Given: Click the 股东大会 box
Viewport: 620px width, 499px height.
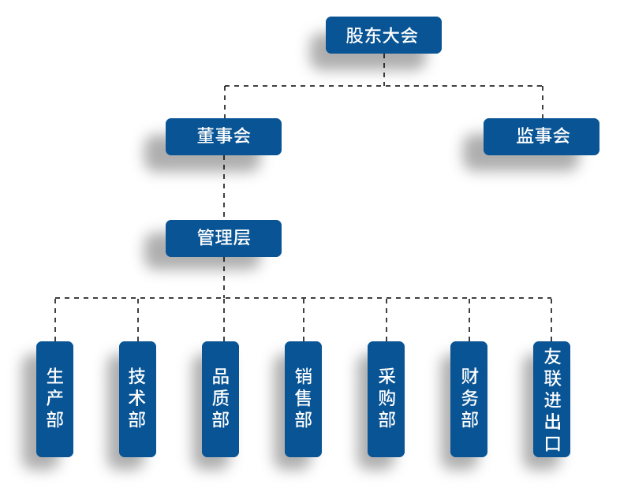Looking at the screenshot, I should click(383, 35).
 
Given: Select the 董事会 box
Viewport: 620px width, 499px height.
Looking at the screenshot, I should click(223, 136).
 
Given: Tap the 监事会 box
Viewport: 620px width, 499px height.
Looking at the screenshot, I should click(541, 136).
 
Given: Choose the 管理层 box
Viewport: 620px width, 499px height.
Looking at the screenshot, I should click(223, 238).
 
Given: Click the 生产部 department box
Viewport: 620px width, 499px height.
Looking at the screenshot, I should click(54, 399).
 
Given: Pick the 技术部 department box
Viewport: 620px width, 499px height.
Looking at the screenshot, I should click(137, 399).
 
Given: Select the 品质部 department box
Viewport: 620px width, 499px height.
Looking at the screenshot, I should click(220, 399).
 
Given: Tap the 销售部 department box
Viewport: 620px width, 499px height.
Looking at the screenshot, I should click(303, 399).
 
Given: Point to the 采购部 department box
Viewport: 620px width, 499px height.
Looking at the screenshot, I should click(386, 399).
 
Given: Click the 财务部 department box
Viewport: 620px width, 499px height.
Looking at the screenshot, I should click(469, 399).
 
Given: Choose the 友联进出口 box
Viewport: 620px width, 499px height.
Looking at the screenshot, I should click(551, 399).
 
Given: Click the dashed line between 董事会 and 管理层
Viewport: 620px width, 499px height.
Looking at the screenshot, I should click(224, 188).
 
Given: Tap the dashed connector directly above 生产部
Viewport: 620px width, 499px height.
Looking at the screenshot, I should click(55, 320).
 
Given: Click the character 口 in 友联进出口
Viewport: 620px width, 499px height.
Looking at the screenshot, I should click(552, 443).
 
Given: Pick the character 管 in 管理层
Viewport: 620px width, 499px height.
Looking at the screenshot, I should click(205, 238).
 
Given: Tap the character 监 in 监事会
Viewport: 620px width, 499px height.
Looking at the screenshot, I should click(525, 136).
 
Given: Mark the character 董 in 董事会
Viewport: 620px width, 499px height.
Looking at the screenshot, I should click(205, 136).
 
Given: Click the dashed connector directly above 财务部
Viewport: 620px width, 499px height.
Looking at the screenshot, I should click(469, 320).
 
